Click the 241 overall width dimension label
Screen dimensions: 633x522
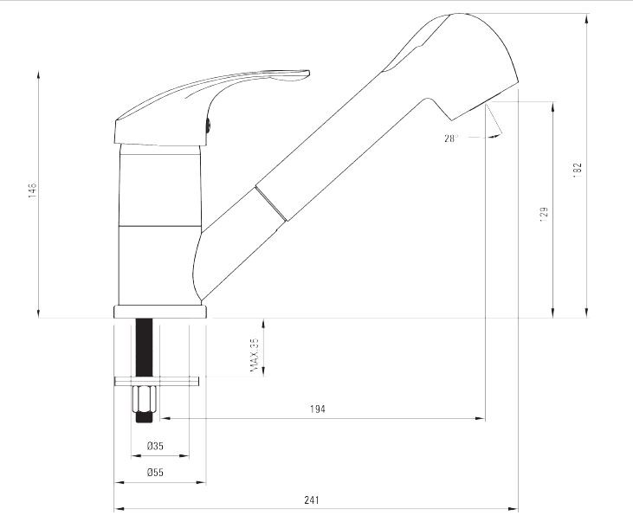311,500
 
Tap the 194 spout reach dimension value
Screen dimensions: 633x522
317,409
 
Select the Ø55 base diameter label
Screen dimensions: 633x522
155,473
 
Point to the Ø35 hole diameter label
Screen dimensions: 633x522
155,446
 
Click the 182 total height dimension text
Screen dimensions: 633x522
578,170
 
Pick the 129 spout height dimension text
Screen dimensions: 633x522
544,215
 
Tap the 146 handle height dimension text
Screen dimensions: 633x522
32,190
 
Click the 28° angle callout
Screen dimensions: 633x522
450,139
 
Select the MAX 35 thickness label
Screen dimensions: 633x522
255,355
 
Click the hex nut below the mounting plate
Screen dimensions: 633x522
145,399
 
